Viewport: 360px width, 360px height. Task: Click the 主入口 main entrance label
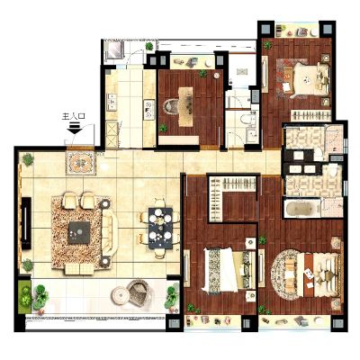pyautogui.click(x=74, y=116)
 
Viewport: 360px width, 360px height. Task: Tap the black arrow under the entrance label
pyautogui.click(x=75, y=128)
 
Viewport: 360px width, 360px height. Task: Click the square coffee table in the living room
pyautogui.click(x=79, y=232)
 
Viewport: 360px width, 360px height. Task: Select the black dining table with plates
pyautogui.click(x=160, y=228)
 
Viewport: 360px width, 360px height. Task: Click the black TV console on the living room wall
pyautogui.click(x=26, y=223)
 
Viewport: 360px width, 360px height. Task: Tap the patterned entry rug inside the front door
pyautogui.click(x=81, y=163)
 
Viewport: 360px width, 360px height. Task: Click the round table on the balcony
pyautogui.click(x=121, y=295)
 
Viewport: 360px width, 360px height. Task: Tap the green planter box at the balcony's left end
pyautogui.click(x=24, y=296)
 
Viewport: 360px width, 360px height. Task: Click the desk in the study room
pyautogui.click(x=185, y=107)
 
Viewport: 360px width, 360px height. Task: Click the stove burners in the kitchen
pyautogui.click(x=149, y=110)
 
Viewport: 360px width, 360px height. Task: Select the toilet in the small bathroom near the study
pyautogui.click(x=247, y=119)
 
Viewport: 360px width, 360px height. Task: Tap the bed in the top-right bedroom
pyautogui.click(x=306, y=79)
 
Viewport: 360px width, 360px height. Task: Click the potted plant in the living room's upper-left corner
pyautogui.click(x=28, y=159)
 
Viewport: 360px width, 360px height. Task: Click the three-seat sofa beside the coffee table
pyautogui.click(x=110, y=232)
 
